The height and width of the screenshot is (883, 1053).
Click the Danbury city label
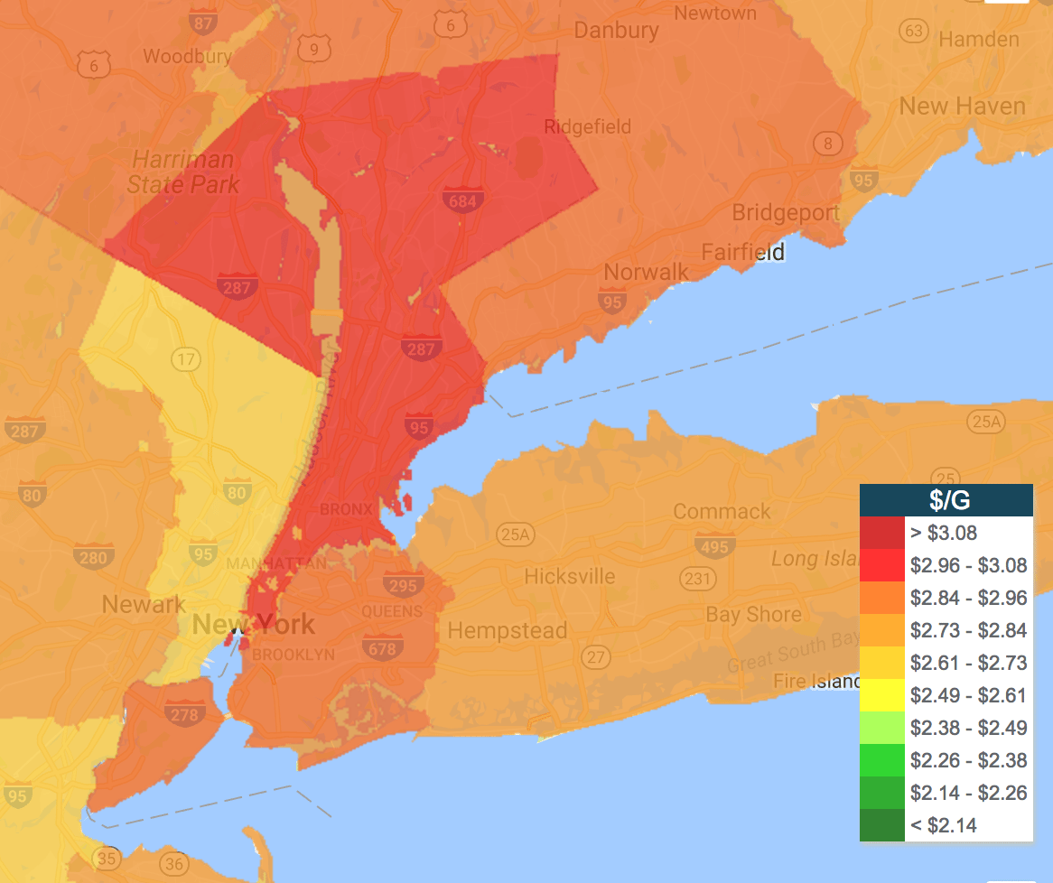616,30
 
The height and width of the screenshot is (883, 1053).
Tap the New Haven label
962,106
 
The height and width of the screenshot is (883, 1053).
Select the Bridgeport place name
785,213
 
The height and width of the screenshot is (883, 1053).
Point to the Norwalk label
646,272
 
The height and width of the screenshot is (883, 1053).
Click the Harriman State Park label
184,172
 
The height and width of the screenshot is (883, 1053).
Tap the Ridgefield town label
587,126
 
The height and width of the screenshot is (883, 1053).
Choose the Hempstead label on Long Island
508,630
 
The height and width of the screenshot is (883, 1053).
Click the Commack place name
722,512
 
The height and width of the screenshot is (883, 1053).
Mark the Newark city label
144,604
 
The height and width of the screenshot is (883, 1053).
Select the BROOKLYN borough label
294,655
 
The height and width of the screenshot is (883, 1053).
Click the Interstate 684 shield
462,199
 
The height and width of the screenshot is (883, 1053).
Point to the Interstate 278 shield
182,713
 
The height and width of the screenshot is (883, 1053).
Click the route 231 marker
697,578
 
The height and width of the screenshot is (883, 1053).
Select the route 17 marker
186,360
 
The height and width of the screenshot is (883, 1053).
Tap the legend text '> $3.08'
944,533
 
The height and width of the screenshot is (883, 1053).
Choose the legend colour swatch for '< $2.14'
882,825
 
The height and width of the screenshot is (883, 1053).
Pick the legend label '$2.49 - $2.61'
968,695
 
